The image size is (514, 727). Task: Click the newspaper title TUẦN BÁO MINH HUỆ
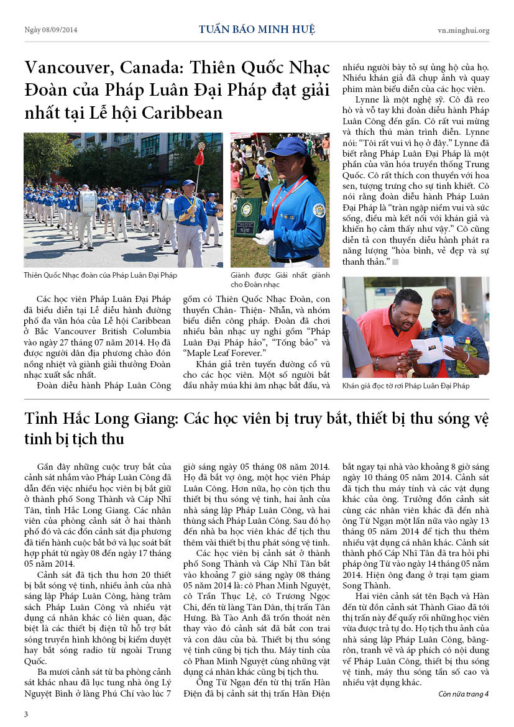(257, 29)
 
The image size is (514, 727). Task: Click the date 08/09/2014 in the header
(60, 30)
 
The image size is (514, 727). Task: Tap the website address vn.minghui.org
(463, 30)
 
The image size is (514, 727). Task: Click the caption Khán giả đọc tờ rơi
(406, 386)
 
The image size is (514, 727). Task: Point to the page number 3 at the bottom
(26, 714)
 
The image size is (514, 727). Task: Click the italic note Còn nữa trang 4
(463, 693)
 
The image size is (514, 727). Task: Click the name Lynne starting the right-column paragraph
(367, 99)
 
